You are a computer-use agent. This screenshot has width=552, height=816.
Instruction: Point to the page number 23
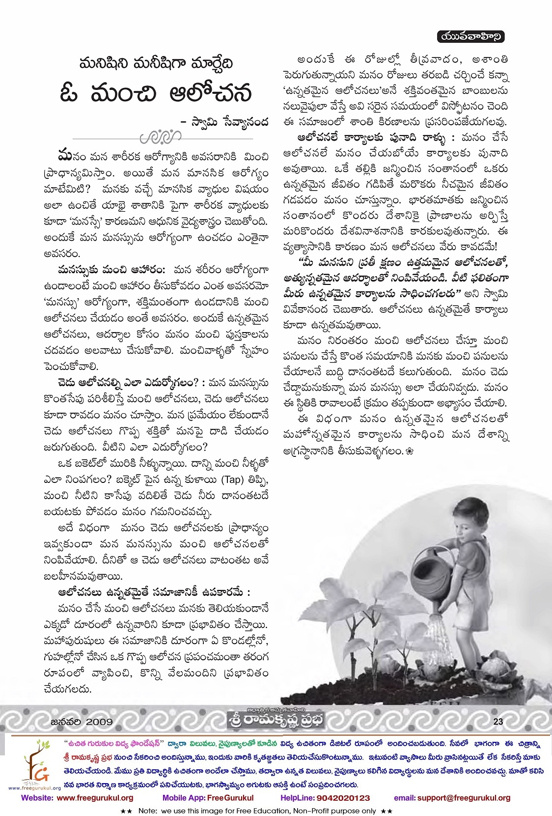[498, 721]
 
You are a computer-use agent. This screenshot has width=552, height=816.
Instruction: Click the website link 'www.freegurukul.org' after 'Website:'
[95, 798]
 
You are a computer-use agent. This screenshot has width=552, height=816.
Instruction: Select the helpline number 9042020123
[339, 798]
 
